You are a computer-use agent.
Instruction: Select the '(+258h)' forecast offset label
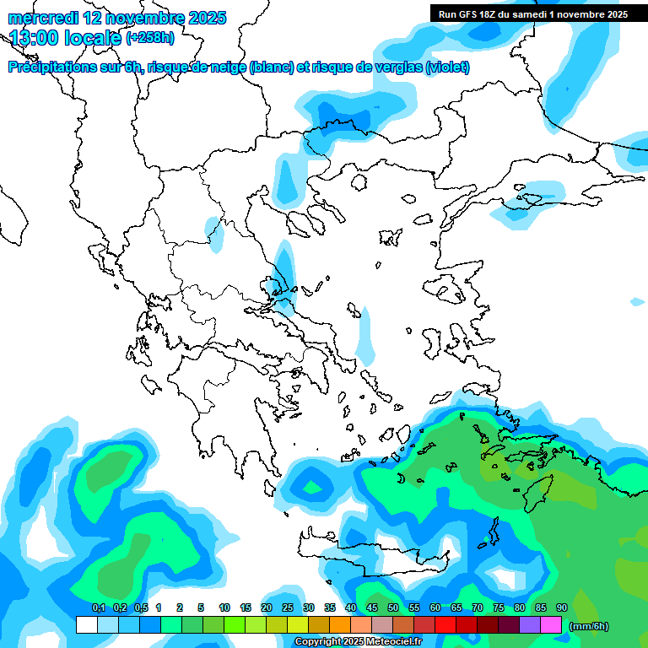click(150, 38)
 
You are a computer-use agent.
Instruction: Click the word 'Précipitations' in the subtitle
click(52, 67)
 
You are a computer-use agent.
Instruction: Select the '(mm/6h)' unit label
click(590, 626)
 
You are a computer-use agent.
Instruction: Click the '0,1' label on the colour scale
click(98, 607)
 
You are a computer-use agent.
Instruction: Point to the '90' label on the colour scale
click(562, 607)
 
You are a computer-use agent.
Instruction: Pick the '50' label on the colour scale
click(393, 607)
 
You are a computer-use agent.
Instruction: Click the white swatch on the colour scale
click(86, 625)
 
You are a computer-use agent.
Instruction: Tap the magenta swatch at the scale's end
click(551, 625)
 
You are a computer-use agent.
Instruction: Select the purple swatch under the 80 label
click(530, 625)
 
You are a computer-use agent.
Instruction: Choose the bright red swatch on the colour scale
click(445, 625)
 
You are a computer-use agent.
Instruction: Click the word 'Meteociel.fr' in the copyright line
click(392, 642)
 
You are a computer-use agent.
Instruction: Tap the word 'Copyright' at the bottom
click(318, 642)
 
